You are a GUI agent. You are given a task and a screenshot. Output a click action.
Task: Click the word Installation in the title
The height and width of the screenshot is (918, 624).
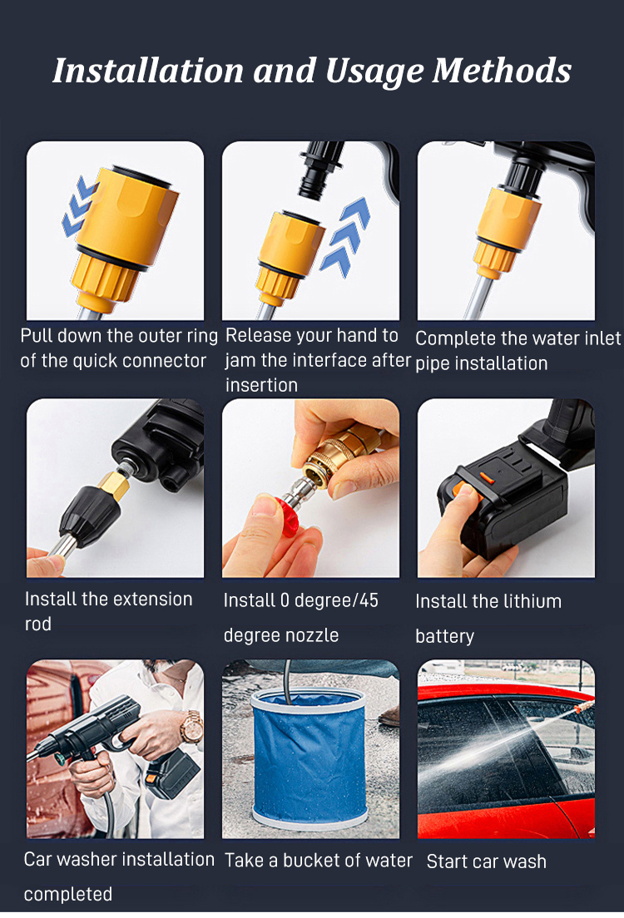pos(147,71)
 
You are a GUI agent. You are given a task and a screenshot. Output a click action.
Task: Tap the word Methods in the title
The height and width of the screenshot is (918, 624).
pos(502,71)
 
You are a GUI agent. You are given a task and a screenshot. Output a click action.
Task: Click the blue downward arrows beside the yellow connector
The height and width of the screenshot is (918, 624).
pos(78,207)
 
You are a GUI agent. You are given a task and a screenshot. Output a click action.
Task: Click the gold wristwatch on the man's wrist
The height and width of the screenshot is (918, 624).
pos(191,727)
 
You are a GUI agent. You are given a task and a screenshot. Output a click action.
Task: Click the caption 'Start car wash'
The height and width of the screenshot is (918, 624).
pos(487,861)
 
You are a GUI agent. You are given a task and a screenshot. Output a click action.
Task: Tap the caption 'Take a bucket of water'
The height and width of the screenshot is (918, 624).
pos(318,861)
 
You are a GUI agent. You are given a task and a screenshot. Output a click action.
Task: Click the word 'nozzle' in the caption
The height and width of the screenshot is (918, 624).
pos(311,635)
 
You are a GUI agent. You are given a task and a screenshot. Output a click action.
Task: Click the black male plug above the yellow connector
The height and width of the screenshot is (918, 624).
pos(320,169)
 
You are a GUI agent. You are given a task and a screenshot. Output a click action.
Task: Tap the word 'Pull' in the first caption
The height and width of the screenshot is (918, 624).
pos(37,336)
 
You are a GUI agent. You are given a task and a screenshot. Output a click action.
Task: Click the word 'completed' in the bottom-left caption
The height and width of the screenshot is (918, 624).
pos(68,894)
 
